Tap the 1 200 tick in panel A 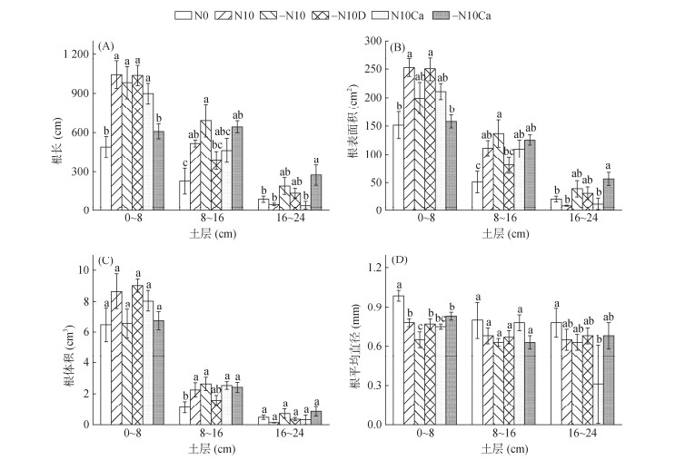tap(73, 54)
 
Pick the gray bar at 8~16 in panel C tap(237, 405)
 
